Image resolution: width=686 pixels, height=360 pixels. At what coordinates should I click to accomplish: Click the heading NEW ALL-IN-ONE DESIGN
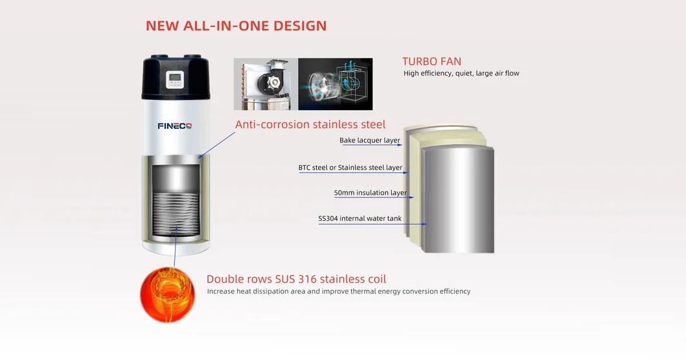pos(236,26)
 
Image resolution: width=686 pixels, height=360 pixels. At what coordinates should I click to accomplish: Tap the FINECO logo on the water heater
pos(175,126)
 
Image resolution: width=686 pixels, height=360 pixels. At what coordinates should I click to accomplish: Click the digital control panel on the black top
pos(176,80)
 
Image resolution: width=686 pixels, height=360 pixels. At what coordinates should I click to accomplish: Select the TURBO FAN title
pos(431,62)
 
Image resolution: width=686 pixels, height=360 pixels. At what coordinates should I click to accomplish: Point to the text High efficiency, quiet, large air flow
pos(461,74)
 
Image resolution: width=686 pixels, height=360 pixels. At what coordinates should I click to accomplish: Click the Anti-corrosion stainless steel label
pos(310,124)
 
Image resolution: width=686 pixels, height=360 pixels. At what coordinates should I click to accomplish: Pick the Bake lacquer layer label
pos(370,141)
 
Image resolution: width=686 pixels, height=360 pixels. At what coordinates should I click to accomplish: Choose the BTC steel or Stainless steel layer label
pos(350,168)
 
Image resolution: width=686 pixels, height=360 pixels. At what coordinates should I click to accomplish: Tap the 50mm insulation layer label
pos(371,193)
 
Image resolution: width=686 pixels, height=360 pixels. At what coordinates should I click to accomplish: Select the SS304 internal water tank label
pos(360,219)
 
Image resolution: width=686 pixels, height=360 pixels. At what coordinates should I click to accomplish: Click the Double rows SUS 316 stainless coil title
pos(296,279)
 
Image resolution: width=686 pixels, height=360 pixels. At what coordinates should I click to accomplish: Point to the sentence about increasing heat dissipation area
pos(339,291)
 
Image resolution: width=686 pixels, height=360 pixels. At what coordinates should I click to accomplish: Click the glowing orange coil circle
pos(167,295)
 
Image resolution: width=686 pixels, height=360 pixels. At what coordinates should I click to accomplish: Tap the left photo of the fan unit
pos(266,84)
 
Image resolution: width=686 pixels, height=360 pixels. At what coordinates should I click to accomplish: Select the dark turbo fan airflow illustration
pos(335,84)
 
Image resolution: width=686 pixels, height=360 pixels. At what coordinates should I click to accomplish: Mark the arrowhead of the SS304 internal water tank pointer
pos(424,224)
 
